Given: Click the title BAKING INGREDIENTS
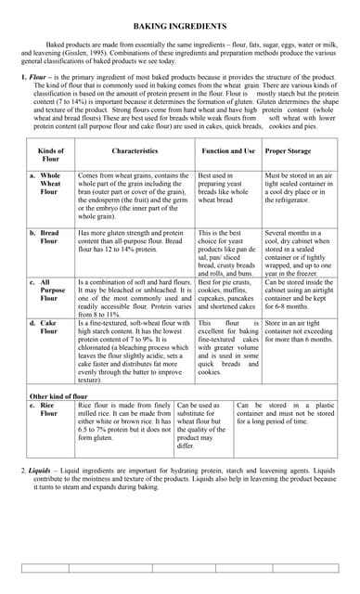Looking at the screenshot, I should (180, 29).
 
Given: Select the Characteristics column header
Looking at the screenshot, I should (135, 149).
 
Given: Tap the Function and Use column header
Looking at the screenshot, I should (227, 149).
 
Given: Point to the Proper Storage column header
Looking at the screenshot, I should (289, 149).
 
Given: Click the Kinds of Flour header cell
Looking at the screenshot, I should (50, 154).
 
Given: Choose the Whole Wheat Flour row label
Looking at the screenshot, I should (50, 183).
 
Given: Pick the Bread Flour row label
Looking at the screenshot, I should (49, 237).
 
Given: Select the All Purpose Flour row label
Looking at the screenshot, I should (50, 290).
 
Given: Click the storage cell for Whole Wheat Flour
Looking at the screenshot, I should (299, 187).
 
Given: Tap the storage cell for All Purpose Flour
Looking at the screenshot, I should (299, 294).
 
